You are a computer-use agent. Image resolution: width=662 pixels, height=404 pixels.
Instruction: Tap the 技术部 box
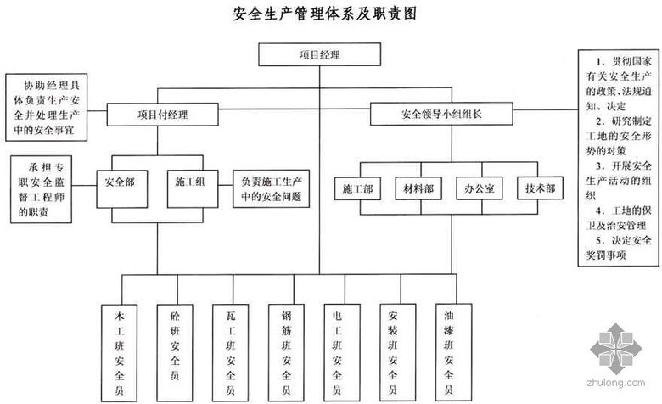(x=539, y=188)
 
